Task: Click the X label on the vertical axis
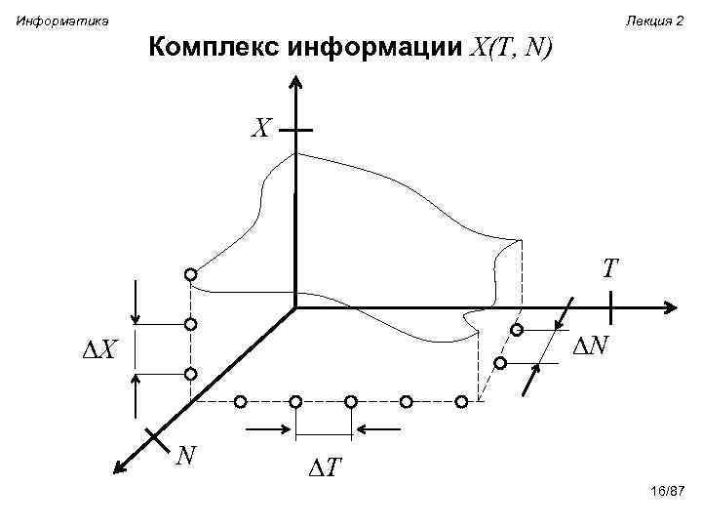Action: [x=260, y=129]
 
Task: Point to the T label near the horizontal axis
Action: [x=611, y=268]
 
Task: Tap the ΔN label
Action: [x=590, y=345]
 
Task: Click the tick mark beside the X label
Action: [x=295, y=129]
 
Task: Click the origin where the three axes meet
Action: [x=295, y=309]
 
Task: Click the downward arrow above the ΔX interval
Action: [x=136, y=303]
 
